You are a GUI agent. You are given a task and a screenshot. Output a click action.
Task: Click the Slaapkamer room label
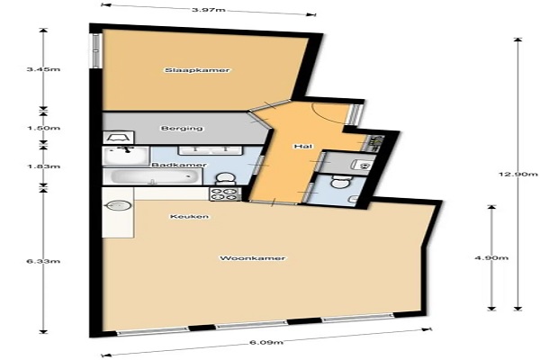[x=197, y=70]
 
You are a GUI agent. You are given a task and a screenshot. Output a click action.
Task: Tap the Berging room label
[x=182, y=129]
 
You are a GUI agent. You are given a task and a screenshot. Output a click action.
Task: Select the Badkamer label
[x=179, y=165]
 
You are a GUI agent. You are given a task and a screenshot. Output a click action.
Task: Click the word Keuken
[x=189, y=217]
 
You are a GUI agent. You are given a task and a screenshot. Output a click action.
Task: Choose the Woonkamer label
[x=252, y=258]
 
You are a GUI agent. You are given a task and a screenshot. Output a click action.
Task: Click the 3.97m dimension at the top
[x=209, y=9]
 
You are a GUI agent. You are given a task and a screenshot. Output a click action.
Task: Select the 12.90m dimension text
[x=518, y=174]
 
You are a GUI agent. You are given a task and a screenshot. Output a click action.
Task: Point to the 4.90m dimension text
[x=491, y=258]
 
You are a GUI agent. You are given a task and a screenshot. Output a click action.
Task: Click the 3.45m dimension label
[x=43, y=69]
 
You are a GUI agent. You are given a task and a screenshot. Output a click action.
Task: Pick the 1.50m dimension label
[x=43, y=128]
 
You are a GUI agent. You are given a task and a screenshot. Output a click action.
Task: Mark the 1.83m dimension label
[x=43, y=166]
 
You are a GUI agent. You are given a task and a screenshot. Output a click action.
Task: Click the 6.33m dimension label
[x=43, y=261]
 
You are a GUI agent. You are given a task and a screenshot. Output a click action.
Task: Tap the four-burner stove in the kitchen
[x=225, y=194]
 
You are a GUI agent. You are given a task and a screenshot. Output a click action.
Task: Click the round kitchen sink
[x=119, y=206]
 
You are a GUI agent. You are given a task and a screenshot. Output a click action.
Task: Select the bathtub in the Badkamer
[x=153, y=176]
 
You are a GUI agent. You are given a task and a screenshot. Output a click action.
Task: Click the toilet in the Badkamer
[x=224, y=178]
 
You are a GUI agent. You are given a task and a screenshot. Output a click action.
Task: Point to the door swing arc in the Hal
[x=328, y=114]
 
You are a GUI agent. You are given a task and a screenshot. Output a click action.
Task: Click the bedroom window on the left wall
[x=96, y=50]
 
